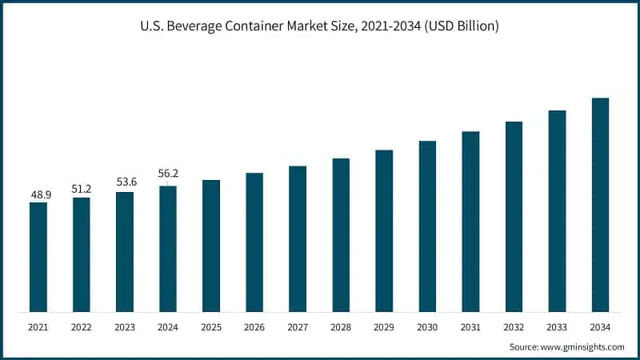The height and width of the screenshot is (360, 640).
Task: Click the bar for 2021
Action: point(38,257)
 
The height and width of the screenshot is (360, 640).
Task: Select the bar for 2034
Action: point(600,205)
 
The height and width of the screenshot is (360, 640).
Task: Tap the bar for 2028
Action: point(341,235)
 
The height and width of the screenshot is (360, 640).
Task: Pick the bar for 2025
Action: point(211,246)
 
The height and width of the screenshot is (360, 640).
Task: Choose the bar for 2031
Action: point(470,222)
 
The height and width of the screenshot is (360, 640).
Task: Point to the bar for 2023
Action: point(125,252)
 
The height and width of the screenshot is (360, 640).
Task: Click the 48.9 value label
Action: point(38,194)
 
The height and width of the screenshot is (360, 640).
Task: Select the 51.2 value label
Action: point(82,189)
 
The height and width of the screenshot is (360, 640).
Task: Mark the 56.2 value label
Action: point(169,173)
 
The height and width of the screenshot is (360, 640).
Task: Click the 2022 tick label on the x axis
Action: point(82,326)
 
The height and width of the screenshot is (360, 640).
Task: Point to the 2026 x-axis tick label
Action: point(254,326)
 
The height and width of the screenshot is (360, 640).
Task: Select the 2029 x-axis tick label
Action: point(384,326)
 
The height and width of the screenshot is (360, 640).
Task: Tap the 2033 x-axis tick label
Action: point(557,326)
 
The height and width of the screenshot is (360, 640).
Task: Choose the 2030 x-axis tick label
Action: point(427,326)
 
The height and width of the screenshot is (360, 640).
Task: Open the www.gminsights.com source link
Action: point(581,346)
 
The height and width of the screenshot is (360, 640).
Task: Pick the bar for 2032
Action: point(514,217)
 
